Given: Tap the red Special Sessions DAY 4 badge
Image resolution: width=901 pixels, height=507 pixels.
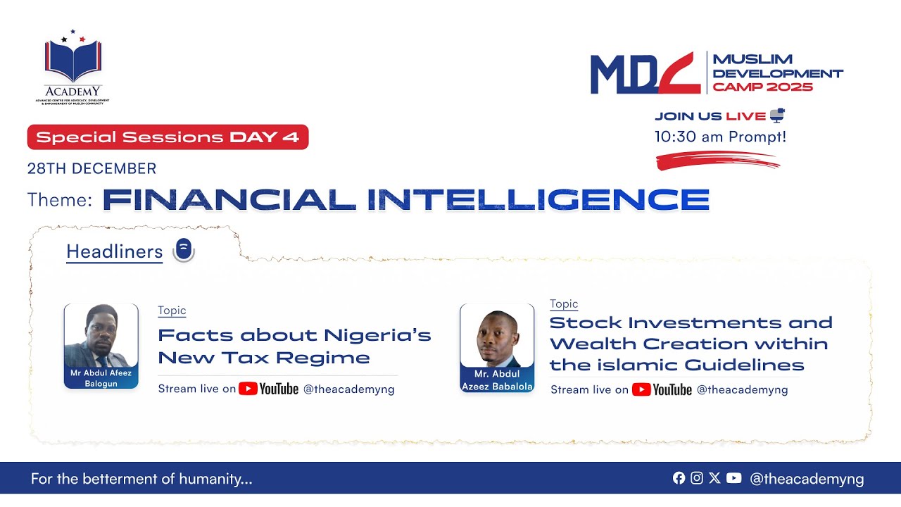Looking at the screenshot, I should click(x=168, y=137).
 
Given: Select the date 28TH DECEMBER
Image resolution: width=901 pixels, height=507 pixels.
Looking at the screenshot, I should click(x=92, y=169).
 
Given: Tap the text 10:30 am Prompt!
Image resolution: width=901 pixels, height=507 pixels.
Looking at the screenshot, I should click(x=720, y=137).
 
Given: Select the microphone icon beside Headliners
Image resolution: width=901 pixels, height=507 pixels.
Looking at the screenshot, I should click(x=183, y=250).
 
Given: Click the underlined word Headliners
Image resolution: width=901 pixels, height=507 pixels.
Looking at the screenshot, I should click(x=114, y=252).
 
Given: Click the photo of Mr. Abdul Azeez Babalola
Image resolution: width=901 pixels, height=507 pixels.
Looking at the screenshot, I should click(x=497, y=337).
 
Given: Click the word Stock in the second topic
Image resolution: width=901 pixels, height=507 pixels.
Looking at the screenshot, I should click(x=586, y=323).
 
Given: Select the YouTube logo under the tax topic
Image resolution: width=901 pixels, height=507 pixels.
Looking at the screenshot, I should click(x=268, y=389).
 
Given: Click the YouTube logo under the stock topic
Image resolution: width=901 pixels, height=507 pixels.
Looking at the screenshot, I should click(x=662, y=389).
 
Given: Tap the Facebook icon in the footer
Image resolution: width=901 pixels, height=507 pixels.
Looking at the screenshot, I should click(x=679, y=478).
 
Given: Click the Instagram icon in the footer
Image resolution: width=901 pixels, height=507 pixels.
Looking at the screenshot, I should click(x=697, y=478).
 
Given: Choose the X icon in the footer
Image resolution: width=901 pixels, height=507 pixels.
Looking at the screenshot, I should click(x=714, y=478).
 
